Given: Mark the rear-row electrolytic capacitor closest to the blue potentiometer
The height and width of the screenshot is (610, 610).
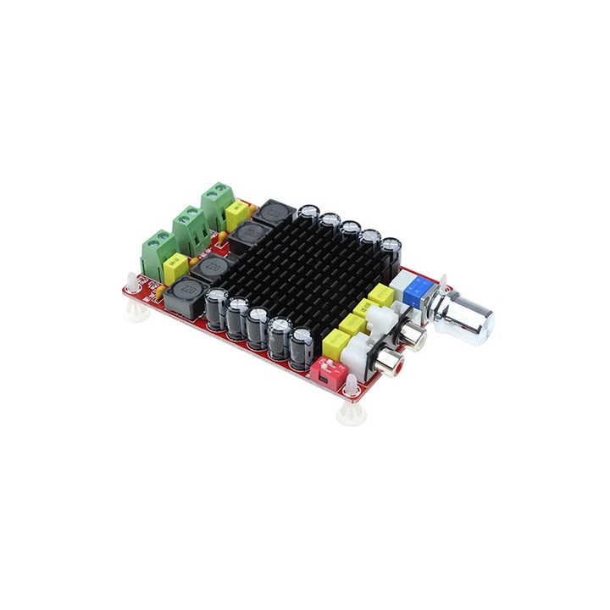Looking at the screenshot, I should point(390,252).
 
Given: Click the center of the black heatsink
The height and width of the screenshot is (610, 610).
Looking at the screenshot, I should point(305,271).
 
